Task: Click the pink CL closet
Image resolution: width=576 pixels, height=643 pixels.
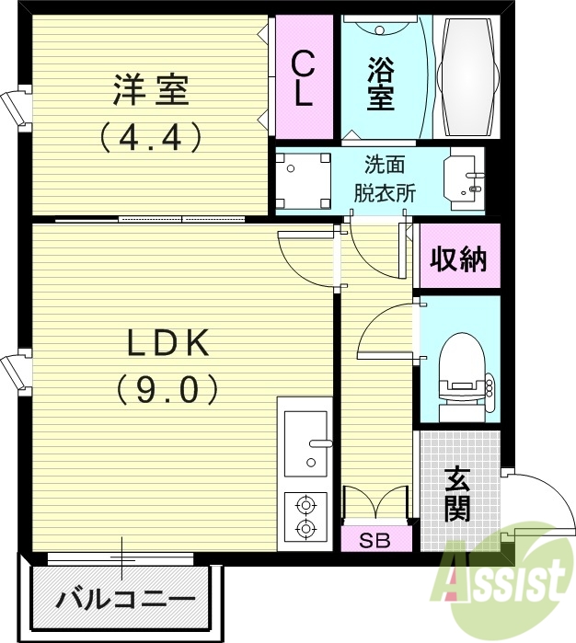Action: click(302, 78)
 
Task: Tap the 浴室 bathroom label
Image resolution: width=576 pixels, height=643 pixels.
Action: click(380, 83)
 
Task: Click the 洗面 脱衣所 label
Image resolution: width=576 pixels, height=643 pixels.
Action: click(385, 179)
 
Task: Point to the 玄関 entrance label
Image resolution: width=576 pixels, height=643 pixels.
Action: click(457, 494)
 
